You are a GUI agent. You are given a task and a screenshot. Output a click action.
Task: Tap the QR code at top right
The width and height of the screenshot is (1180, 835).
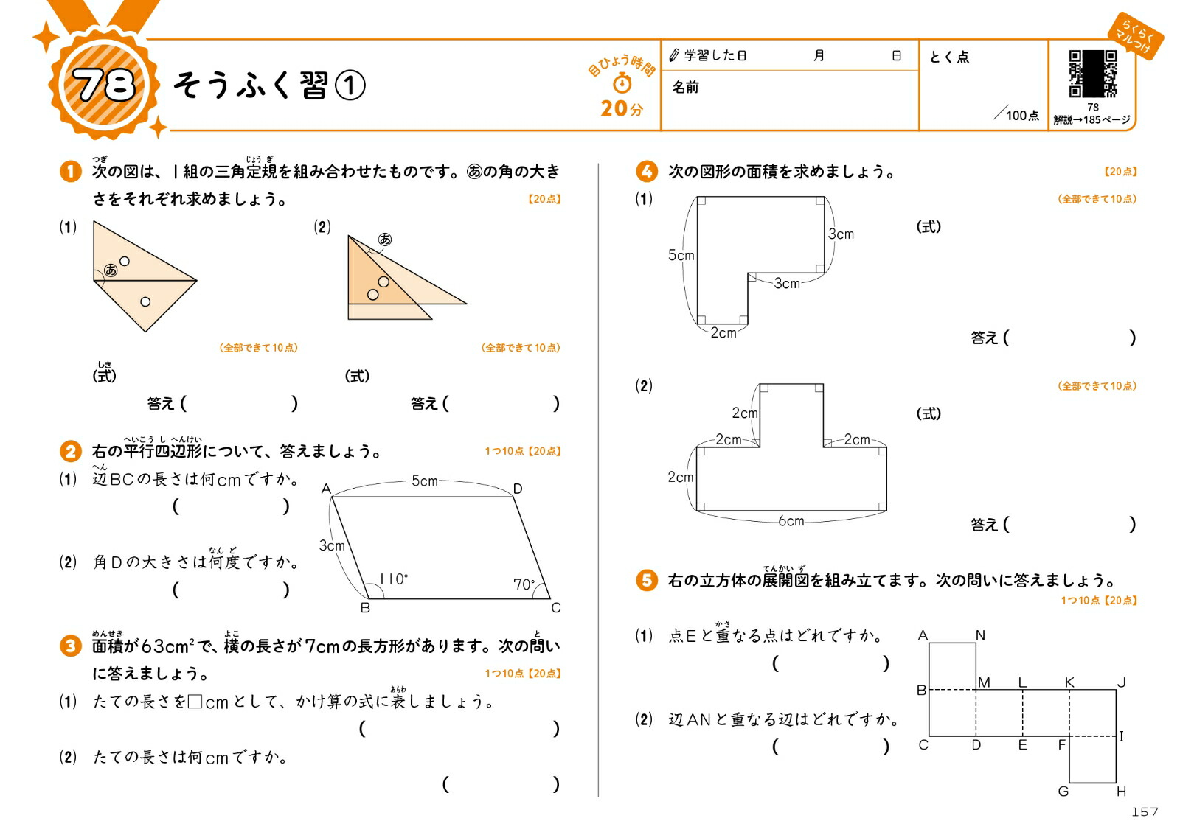[1092, 74]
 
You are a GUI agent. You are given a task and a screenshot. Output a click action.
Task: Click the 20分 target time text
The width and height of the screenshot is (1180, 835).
[621, 109]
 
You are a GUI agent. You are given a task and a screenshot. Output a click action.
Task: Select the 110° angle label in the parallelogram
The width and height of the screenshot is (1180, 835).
[393, 579]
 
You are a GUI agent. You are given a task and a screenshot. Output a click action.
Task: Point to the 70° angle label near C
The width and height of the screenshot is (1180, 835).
[524, 584]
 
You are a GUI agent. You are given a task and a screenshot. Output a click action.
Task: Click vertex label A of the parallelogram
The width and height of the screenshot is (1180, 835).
[326, 489]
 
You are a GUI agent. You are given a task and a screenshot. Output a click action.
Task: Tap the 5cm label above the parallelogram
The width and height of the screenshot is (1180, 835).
[424, 481]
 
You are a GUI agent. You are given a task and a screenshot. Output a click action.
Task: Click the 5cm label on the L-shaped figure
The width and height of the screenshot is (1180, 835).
[681, 256]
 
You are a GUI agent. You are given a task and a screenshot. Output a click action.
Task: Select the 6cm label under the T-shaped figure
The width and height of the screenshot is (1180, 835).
[791, 521]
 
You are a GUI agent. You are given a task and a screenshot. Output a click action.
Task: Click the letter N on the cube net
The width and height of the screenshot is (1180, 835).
[980, 635]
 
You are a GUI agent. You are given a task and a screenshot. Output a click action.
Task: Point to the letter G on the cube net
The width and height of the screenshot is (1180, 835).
[1063, 792]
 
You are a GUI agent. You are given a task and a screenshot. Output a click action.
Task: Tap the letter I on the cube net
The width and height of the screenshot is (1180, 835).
[1122, 736]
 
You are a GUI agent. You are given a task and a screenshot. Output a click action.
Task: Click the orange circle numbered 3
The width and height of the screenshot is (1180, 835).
[70, 646]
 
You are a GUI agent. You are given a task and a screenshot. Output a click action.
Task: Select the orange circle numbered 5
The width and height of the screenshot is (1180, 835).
[646, 580]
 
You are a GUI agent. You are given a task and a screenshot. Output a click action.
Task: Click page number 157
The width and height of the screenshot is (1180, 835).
[1145, 811]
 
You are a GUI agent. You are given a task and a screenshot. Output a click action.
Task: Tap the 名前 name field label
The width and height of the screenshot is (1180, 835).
[685, 88]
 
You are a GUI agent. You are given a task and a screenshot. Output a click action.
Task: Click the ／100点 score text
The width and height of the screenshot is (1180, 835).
[1017, 115]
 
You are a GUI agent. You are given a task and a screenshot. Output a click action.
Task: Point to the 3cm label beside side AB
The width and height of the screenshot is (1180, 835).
[331, 545]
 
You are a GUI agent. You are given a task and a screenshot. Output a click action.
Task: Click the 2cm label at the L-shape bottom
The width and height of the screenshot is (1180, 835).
[723, 333]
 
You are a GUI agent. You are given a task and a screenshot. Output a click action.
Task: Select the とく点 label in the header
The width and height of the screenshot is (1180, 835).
[949, 57]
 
